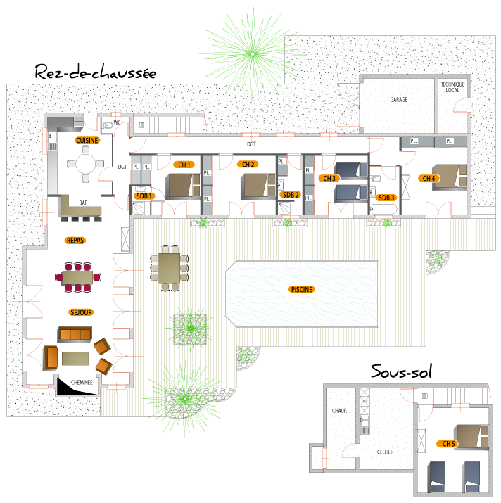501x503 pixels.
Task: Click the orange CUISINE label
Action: coord(87,140)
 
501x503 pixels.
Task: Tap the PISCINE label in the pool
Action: coord(302,289)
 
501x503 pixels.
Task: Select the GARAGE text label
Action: coord(398,100)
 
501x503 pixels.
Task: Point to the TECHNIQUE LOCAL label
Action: coord(452,87)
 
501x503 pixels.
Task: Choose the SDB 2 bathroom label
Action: coord(291,195)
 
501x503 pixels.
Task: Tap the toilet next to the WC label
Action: coord(108,125)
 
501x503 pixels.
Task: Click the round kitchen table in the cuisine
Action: coord(86,164)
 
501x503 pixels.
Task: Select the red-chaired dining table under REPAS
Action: coord(78,277)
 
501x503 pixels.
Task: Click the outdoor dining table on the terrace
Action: coord(169,268)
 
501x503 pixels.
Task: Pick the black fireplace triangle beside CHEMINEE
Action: coord(77,387)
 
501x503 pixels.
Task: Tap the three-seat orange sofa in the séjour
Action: coord(75,335)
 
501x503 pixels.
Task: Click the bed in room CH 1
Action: coord(183,186)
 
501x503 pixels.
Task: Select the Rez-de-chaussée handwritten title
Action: coord(95,72)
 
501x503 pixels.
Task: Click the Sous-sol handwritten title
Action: coord(401,371)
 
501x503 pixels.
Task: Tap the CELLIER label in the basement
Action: coord(385,452)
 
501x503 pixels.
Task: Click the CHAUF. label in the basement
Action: coord(339,411)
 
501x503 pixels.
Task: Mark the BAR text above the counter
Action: coord(83,203)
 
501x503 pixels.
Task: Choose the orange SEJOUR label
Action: coord(81,312)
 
